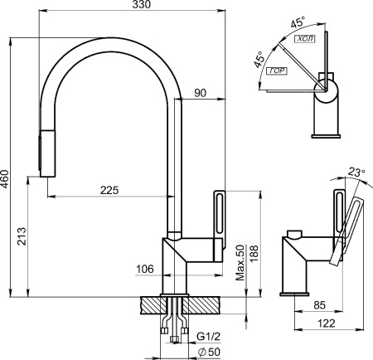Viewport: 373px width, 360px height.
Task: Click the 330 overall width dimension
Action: tap(142, 4)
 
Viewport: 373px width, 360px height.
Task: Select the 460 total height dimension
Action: tap(5, 179)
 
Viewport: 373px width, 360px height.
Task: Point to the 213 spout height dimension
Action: tap(22, 236)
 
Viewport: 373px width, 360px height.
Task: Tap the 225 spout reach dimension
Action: tap(109, 190)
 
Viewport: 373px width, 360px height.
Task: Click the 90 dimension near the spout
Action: tap(200, 93)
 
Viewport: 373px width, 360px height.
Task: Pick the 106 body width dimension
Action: tap(144, 269)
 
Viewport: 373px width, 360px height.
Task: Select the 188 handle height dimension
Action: tap(254, 254)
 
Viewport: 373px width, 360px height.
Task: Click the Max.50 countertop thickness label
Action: tap(240, 263)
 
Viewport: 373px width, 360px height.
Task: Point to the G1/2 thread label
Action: tap(209, 337)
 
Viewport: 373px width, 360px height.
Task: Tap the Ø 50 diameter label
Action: tap(210, 352)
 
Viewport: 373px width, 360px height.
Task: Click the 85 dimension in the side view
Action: tap(320, 305)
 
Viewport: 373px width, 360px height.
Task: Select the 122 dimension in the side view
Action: tap(327, 323)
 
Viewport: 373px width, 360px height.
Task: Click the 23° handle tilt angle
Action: tap(356, 173)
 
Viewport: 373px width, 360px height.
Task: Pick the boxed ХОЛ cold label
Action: tap(306, 39)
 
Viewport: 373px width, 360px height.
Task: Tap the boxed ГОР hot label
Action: tap(277, 71)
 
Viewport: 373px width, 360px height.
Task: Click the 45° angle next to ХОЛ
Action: tap(298, 22)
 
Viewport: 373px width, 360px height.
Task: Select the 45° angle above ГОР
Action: tap(259, 59)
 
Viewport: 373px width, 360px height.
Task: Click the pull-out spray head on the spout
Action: tap(47, 153)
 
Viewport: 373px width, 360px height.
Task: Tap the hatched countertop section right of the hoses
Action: tap(202, 305)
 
